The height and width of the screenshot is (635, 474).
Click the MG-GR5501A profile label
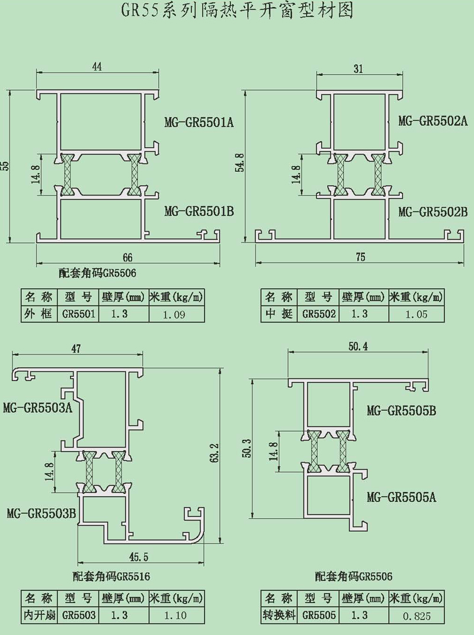tap(199, 123)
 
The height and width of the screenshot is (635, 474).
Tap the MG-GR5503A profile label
tap(37, 408)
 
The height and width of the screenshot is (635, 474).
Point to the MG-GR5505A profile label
tap(401, 497)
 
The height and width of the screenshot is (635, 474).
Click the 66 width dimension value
tap(127, 257)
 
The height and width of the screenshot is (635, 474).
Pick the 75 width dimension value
tap(361, 257)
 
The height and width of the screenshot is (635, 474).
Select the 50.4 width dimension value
tap(358, 347)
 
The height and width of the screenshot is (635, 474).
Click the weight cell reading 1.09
tap(175, 314)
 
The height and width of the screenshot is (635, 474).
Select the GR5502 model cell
tap(319, 314)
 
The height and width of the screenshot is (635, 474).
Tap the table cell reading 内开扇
tap(39, 615)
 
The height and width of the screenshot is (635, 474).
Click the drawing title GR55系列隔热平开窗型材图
tap(237, 11)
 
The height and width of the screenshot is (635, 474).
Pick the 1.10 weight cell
tap(175, 615)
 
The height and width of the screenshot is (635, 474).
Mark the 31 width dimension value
tap(358, 69)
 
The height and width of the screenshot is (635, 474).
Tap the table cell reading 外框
tap(39, 314)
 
